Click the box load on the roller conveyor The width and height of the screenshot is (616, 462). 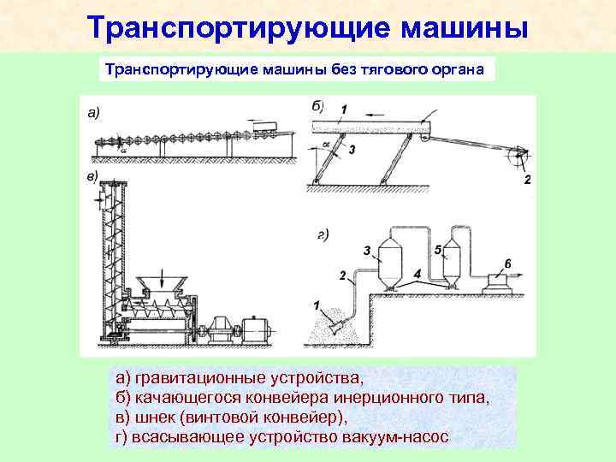tap(268, 127)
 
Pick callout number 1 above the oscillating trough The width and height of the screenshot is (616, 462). tap(343, 109)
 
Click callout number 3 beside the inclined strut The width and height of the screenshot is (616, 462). tap(351, 149)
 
